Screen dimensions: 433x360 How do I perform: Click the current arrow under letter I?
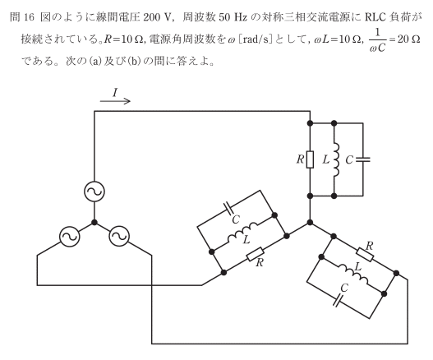[115, 101]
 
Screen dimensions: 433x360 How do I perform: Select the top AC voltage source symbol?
[94, 192]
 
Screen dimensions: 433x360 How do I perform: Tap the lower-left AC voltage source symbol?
[69, 236]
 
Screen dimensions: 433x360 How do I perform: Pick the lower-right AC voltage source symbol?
[119, 236]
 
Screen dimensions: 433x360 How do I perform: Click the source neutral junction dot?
[94, 223]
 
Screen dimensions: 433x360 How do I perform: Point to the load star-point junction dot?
[310, 223]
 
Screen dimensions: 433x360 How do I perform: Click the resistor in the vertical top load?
[310, 159]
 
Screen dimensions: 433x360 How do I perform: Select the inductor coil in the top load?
[336, 159]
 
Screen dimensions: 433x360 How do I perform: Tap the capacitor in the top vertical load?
[363, 159]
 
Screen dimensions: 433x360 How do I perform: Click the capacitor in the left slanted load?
[229, 209]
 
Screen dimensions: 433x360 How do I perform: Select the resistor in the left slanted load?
[256, 255]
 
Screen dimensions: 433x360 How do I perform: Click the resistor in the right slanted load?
[365, 255]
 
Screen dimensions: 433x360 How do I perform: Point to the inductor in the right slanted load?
[353, 275]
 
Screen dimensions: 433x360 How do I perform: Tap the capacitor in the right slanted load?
[337, 300]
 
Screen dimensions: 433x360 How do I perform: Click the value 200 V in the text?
[156, 17]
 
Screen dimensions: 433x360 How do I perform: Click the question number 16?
[29, 17]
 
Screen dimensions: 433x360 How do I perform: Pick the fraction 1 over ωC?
[377, 40]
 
